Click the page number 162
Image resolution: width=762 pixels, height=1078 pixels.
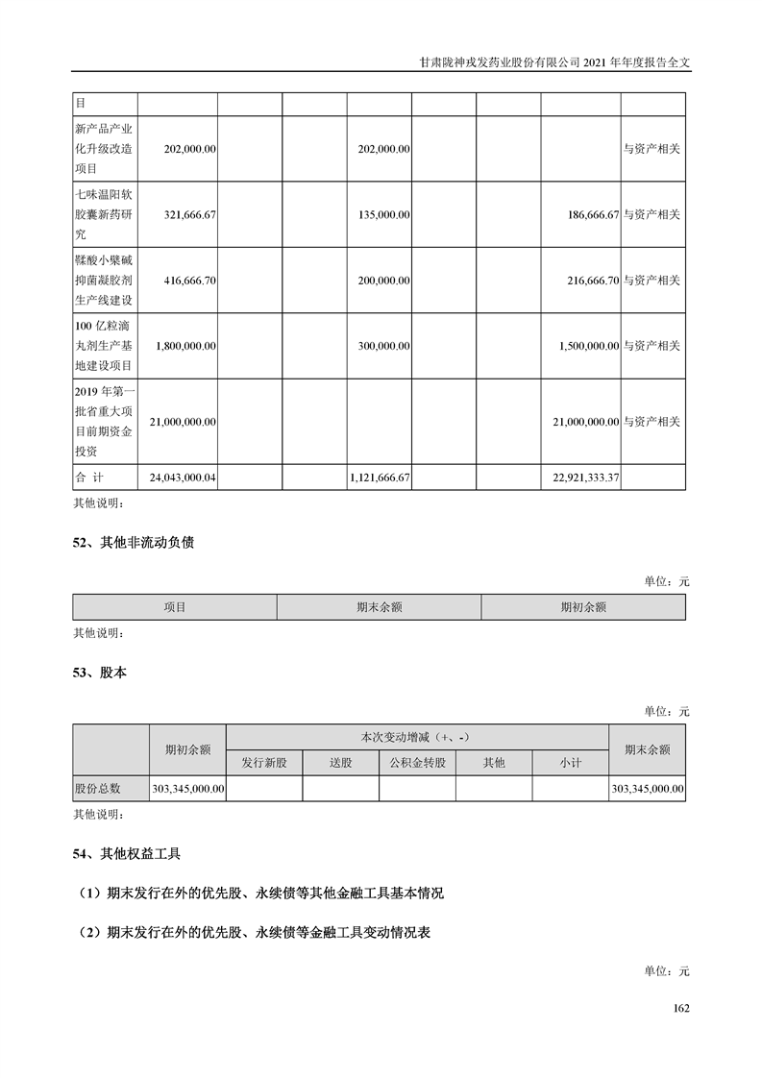click(x=682, y=1009)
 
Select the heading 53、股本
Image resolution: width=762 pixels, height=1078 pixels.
click(x=100, y=674)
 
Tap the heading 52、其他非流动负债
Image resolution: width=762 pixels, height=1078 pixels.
click(x=134, y=543)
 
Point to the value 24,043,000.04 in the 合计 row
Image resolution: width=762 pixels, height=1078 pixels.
click(x=184, y=477)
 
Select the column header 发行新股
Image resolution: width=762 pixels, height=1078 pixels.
click(x=264, y=763)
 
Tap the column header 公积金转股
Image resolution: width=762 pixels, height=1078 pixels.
click(x=417, y=763)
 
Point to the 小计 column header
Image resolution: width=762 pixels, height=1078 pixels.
click(x=571, y=763)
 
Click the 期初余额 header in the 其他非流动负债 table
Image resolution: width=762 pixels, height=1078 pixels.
click(x=583, y=607)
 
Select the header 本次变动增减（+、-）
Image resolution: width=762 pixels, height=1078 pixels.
click(x=417, y=737)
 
